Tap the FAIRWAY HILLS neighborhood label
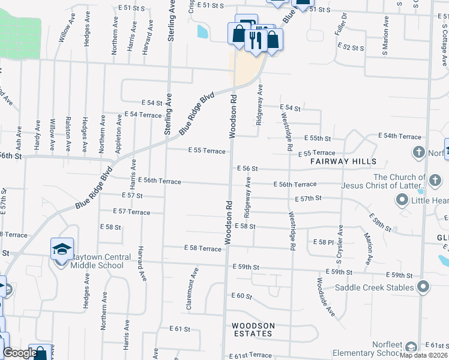pyautogui.click(x=343, y=161)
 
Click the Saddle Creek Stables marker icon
pyautogui.click(x=423, y=287)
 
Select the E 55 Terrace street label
pyautogui.click(x=206, y=151)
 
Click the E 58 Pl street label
pyautogui.click(x=323, y=241)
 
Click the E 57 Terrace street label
pyautogui.click(x=131, y=212)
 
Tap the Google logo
pyautogui.click(x=19, y=353)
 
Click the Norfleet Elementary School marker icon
pyautogui.click(x=411, y=347)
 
